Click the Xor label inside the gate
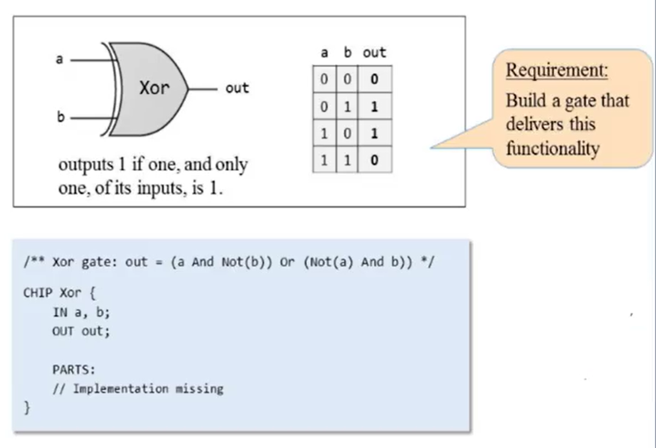(154, 88)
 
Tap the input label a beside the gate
(59, 59)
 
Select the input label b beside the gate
(61, 117)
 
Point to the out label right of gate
(237, 88)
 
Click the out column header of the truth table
(374, 53)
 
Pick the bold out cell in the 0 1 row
(374, 107)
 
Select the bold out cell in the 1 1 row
(374, 160)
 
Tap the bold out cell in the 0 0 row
(374, 79)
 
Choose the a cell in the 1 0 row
(324, 134)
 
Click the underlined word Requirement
(557, 70)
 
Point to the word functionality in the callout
(553, 148)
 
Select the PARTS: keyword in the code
(74, 369)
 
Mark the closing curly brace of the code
(27, 407)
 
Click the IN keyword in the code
(60, 312)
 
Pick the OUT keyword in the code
(63, 331)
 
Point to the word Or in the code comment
(287, 262)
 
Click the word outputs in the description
(86, 164)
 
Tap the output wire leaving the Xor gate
(203, 89)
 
